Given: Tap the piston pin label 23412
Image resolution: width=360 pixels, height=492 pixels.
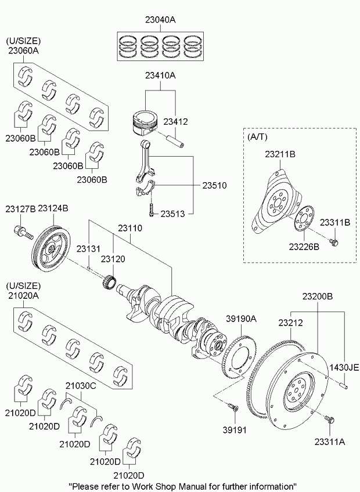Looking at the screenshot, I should [175, 122].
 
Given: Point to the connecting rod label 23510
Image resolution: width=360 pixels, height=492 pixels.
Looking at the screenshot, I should [214, 186].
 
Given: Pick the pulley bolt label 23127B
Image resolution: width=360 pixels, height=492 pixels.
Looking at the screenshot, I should [20, 208].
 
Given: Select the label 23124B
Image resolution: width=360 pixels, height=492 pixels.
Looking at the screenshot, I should [53, 208].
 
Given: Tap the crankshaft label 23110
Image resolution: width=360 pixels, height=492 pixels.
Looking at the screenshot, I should [129, 229].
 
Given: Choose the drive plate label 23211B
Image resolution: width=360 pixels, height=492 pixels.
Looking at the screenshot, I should [280, 155].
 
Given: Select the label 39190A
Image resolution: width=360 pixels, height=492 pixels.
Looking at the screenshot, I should [241, 319].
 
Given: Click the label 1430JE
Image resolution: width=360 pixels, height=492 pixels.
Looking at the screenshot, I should [345, 367].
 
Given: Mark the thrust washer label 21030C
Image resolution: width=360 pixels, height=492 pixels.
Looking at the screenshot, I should [80, 385].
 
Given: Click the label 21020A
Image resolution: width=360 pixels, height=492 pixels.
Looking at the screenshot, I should [23, 295].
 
